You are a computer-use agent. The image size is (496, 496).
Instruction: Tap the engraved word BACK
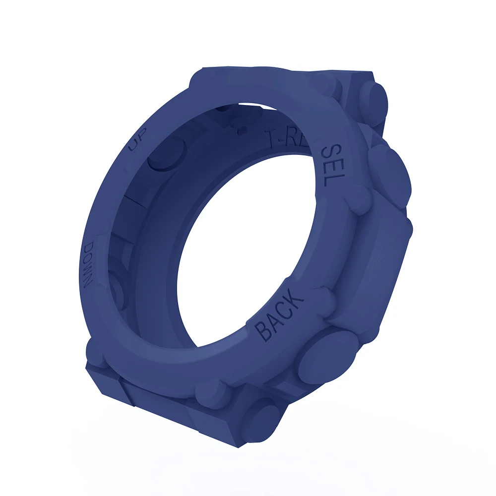(279, 316)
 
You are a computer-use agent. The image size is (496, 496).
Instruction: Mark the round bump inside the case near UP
(167, 153)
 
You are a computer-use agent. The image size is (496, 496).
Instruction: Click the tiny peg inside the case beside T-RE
(243, 130)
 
